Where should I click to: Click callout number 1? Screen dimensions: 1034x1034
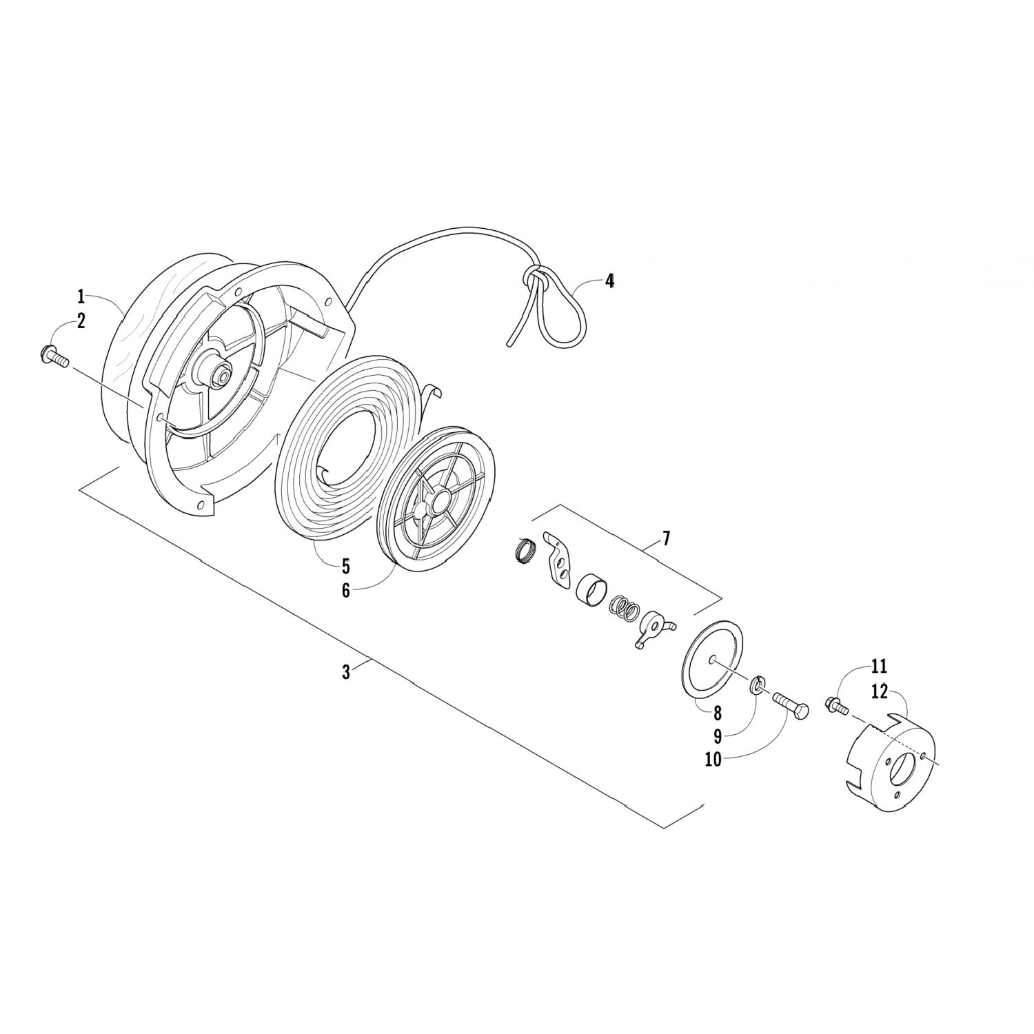(81, 297)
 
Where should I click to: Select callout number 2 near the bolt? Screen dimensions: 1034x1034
(81, 321)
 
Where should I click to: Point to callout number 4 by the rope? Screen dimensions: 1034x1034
(609, 281)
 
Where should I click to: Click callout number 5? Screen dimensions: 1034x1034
(345, 567)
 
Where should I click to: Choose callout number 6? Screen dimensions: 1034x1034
(345, 591)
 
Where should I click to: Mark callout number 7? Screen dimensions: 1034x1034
(667, 538)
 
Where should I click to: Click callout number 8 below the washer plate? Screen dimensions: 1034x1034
(717, 712)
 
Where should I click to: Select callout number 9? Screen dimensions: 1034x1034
(717, 736)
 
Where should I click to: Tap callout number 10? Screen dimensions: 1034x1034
(713, 760)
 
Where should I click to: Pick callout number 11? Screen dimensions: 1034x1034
(879, 667)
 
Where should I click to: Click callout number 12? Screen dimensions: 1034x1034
(879, 691)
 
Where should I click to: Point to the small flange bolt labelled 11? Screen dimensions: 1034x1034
(835, 704)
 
